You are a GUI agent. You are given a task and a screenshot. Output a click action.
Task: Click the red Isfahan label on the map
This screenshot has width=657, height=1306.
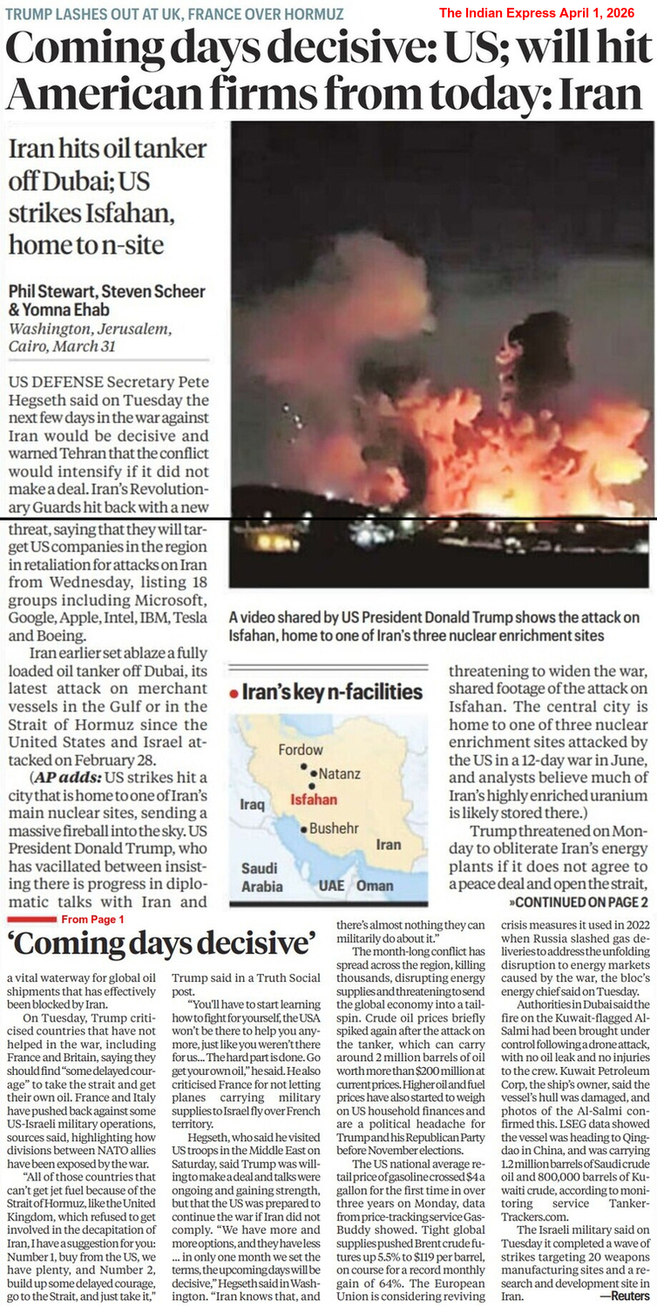[313, 799]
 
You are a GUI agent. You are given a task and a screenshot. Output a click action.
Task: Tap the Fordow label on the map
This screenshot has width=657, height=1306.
[301, 750]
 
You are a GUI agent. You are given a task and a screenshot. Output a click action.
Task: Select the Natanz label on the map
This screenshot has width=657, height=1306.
[339, 772]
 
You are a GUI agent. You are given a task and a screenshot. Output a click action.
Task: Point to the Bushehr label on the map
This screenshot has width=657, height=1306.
[335, 827]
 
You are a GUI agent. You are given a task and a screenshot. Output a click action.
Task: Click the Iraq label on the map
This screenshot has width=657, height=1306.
[252, 804]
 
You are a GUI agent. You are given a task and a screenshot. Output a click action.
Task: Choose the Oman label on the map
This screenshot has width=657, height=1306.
[376, 885]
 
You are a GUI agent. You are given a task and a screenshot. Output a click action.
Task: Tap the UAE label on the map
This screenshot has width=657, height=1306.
[331, 885]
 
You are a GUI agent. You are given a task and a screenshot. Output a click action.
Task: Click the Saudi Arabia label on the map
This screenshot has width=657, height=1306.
[261, 877]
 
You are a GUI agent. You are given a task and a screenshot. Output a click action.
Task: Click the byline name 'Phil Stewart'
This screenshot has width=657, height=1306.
[52, 291]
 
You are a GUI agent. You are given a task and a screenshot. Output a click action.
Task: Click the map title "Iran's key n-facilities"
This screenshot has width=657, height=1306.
[332, 693]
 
